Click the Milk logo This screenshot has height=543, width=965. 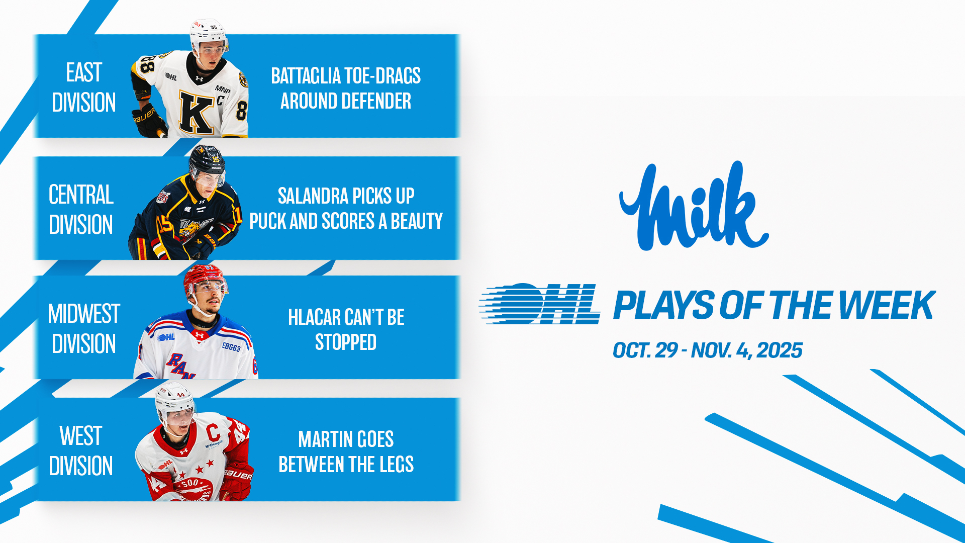click(x=694, y=206)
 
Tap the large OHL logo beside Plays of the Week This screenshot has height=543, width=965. click(x=540, y=304)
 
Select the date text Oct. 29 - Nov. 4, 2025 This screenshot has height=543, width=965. click(x=707, y=350)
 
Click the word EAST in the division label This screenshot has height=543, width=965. click(x=84, y=72)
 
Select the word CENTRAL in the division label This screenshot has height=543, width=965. click(x=81, y=195)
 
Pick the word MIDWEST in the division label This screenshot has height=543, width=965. click(x=84, y=314)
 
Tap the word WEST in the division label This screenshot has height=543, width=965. click(x=81, y=436)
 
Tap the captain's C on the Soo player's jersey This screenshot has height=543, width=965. click(x=213, y=432)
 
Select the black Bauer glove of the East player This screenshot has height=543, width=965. click(x=149, y=121)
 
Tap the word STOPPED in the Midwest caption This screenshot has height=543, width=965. click(x=346, y=342)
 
